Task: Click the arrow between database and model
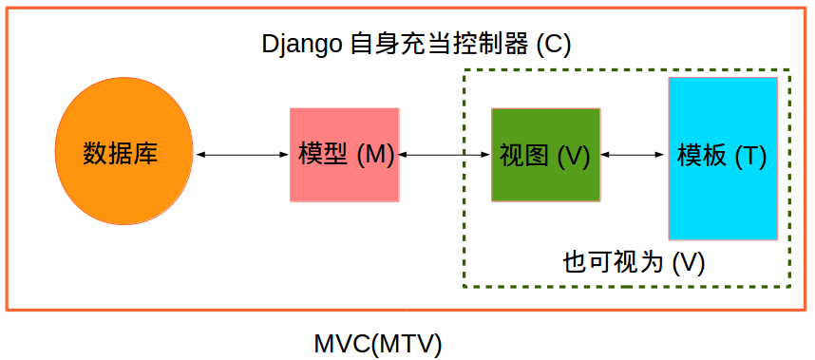(242, 154)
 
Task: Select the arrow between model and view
(445, 154)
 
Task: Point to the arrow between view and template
(634, 154)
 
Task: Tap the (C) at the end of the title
(554, 44)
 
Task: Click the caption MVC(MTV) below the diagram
(378, 343)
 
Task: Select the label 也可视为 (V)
(634, 262)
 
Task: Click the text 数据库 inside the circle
(121, 154)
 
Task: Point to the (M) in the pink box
(375, 154)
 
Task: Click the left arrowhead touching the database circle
(199, 154)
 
